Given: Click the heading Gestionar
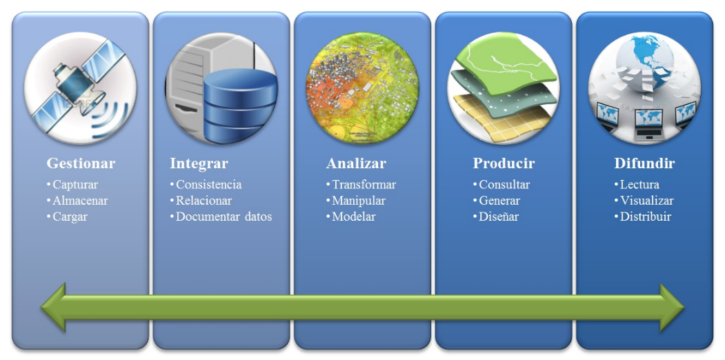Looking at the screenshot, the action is (x=81, y=163).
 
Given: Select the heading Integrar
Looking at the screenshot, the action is (x=199, y=163).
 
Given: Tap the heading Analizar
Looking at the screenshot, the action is (x=356, y=163).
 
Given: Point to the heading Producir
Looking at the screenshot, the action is (x=504, y=163).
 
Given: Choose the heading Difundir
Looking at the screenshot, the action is (x=644, y=163).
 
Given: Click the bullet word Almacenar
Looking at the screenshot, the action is (x=80, y=201).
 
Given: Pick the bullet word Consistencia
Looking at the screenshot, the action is (x=208, y=185).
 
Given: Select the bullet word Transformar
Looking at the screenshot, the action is (x=364, y=185).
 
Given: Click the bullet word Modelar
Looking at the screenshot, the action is (x=354, y=217).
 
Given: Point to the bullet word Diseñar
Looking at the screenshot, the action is (x=499, y=217).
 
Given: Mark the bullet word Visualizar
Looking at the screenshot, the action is (x=647, y=201).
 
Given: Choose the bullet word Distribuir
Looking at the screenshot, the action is (x=646, y=217).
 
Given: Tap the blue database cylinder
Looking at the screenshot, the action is (x=241, y=106).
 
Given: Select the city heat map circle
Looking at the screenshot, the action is (x=363, y=88).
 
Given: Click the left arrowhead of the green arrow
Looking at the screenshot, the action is (x=53, y=308).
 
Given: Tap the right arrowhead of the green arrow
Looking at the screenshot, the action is (x=672, y=308).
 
